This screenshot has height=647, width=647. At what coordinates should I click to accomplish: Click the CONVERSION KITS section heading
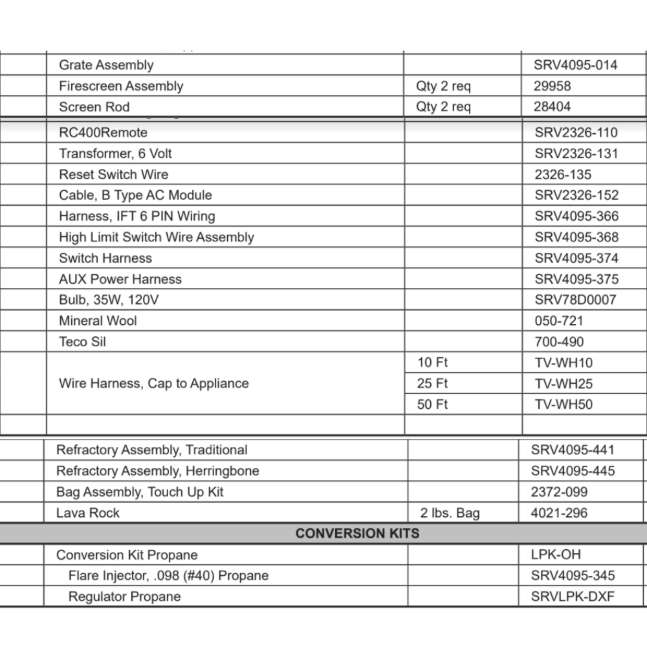click(357, 534)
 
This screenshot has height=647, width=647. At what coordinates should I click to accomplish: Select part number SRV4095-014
click(575, 65)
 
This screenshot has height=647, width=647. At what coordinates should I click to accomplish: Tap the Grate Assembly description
click(106, 65)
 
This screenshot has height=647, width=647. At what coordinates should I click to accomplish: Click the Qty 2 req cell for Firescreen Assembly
click(444, 86)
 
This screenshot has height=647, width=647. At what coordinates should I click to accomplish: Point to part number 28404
click(552, 107)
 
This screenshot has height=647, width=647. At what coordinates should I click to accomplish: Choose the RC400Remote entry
click(103, 133)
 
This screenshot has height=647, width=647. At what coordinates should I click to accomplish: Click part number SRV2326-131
click(576, 153)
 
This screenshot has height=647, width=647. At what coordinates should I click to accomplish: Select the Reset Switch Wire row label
click(113, 175)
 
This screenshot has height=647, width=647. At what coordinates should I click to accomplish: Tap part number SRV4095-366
click(576, 216)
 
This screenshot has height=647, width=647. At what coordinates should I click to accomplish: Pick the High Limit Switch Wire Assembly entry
click(156, 237)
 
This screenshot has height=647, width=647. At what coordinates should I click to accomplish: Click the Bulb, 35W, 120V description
click(109, 300)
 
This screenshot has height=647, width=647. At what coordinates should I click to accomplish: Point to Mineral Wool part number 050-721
click(558, 321)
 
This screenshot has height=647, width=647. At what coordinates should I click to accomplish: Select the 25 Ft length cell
click(432, 384)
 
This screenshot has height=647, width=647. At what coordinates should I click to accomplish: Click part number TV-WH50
click(563, 404)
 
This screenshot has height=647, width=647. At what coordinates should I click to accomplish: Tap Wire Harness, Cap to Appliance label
click(153, 384)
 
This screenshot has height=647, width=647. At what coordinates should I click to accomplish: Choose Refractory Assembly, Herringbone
click(157, 471)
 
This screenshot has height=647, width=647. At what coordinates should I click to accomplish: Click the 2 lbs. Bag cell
click(450, 513)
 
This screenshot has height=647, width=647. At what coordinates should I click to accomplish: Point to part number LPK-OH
click(556, 555)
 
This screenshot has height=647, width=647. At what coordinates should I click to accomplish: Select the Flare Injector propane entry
click(168, 576)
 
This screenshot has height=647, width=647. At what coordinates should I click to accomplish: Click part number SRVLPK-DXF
click(572, 597)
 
